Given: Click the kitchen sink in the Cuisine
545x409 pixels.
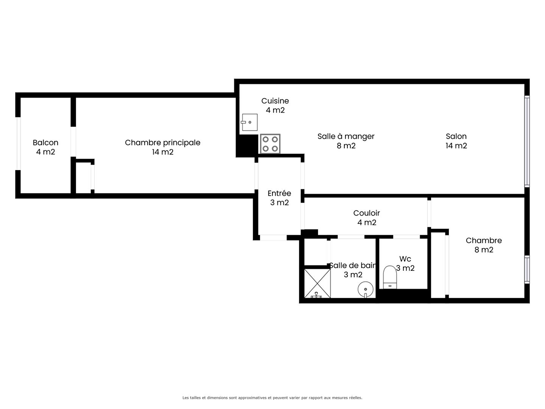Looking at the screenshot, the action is (x=249, y=122).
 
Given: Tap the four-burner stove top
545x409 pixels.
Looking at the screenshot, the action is (x=270, y=144).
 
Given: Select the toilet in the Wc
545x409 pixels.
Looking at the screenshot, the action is (x=390, y=277).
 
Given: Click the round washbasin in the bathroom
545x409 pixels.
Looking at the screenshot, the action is (x=366, y=290).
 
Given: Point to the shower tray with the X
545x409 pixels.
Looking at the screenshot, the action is (x=317, y=283).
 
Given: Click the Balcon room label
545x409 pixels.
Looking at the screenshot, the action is (x=45, y=142).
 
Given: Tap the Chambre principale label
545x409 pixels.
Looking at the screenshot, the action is (x=162, y=143).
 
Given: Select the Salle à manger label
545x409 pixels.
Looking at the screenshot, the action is (x=346, y=136).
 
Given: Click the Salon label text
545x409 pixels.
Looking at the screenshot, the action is (x=456, y=136).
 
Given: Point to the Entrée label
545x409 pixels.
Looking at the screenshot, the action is (x=279, y=193).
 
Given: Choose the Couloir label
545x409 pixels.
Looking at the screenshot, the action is (x=366, y=213).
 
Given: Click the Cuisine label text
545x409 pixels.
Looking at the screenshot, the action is (x=275, y=101).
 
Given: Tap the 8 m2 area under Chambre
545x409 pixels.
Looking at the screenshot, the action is (x=484, y=250).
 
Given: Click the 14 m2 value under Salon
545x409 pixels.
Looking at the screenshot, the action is (x=456, y=145).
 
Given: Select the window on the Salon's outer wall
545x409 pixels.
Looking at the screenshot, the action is (x=527, y=141).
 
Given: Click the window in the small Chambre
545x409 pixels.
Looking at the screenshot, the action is (x=527, y=269).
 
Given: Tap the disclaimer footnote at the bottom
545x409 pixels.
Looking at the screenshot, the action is (x=272, y=398).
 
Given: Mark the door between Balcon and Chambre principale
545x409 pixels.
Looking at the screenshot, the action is (x=73, y=142).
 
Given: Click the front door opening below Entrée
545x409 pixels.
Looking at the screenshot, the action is (x=273, y=238).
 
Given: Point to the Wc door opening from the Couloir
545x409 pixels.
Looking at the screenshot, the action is (x=406, y=237).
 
